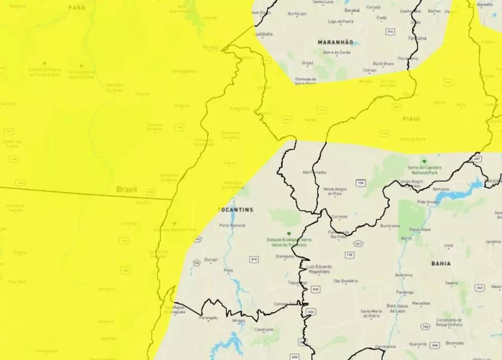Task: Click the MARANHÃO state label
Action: click(336, 42)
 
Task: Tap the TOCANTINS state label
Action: click(235, 210)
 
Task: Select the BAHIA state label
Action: click(441, 263)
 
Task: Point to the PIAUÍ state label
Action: click(411, 119)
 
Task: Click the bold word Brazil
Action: click(127, 189)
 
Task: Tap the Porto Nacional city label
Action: click(233, 225)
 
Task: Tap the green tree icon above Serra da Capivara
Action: click(424, 160)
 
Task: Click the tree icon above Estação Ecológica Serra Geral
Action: click(288, 233)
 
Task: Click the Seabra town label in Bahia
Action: click(452, 283)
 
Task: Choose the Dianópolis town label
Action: click(285, 256)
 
